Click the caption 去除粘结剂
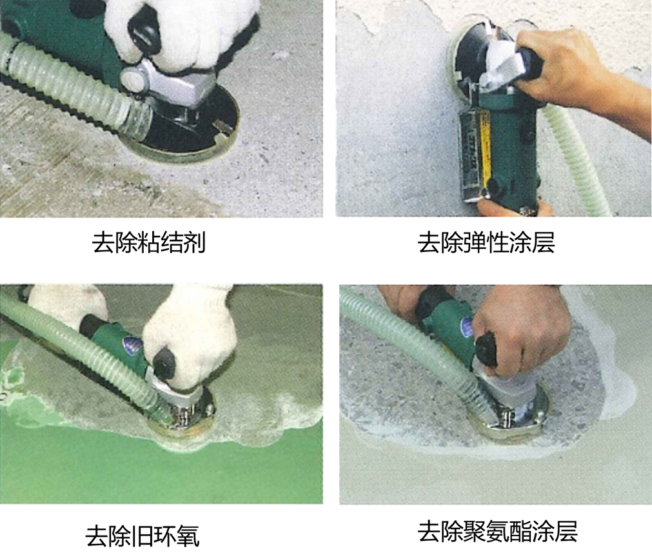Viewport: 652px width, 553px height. click(148, 242)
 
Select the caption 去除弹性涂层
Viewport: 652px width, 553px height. click(486, 242)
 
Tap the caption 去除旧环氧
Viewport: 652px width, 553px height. click(143, 536)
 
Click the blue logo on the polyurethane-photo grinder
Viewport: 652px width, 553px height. click(466, 325)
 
